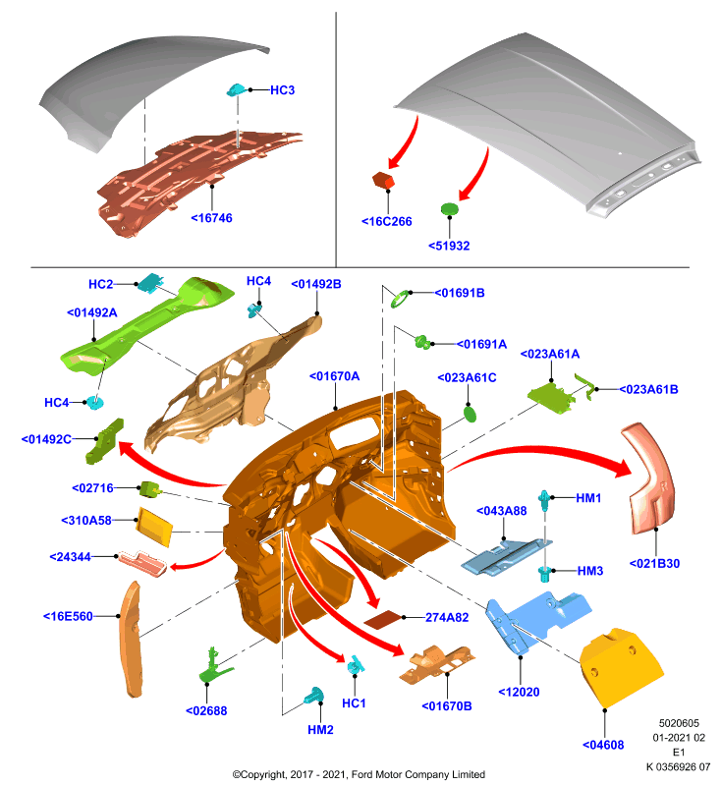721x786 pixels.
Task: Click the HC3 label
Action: pos(282,90)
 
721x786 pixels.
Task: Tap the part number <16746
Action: pos(211,218)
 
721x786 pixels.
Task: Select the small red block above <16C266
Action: pos(383,181)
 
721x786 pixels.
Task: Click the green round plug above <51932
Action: pos(450,208)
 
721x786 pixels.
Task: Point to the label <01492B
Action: pos(316,284)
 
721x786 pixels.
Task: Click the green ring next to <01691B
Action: pos(400,300)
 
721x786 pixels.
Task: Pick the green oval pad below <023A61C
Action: pos(470,414)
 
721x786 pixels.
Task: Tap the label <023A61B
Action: pos(649,389)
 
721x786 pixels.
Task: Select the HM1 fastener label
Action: pos(588,498)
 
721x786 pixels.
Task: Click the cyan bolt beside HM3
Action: pos(544,573)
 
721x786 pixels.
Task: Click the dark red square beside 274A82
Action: pos(383,620)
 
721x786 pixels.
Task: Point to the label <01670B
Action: pos(447,706)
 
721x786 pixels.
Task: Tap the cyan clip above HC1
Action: pos(356,665)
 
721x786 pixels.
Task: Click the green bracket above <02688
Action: pos(214,667)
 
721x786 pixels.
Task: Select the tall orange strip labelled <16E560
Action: pos(132,640)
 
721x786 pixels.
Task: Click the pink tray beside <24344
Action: pos(142,563)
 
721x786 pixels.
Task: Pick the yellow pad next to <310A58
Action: pos(154,527)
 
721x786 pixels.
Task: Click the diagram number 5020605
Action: pos(679,723)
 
